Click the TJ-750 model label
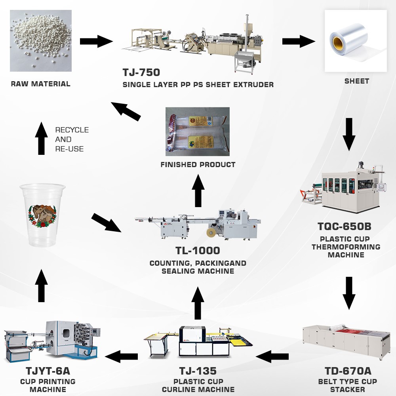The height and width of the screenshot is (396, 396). [x=141, y=73]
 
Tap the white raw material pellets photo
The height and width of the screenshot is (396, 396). [x=41, y=41]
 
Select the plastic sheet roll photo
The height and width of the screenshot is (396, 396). [x=355, y=41]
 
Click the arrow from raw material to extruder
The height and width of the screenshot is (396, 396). [x=96, y=41]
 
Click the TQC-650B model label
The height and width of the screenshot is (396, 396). [x=345, y=227]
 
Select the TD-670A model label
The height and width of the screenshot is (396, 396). [x=347, y=371]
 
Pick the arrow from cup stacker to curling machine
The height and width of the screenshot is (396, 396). [x=272, y=356]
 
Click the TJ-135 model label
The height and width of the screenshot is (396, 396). [x=198, y=371]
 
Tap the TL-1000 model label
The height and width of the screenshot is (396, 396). [x=198, y=251]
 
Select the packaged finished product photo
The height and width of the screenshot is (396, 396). [x=197, y=131]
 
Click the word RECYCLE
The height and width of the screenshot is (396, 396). [x=72, y=130]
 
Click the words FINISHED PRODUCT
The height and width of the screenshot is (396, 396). [x=198, y=164]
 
